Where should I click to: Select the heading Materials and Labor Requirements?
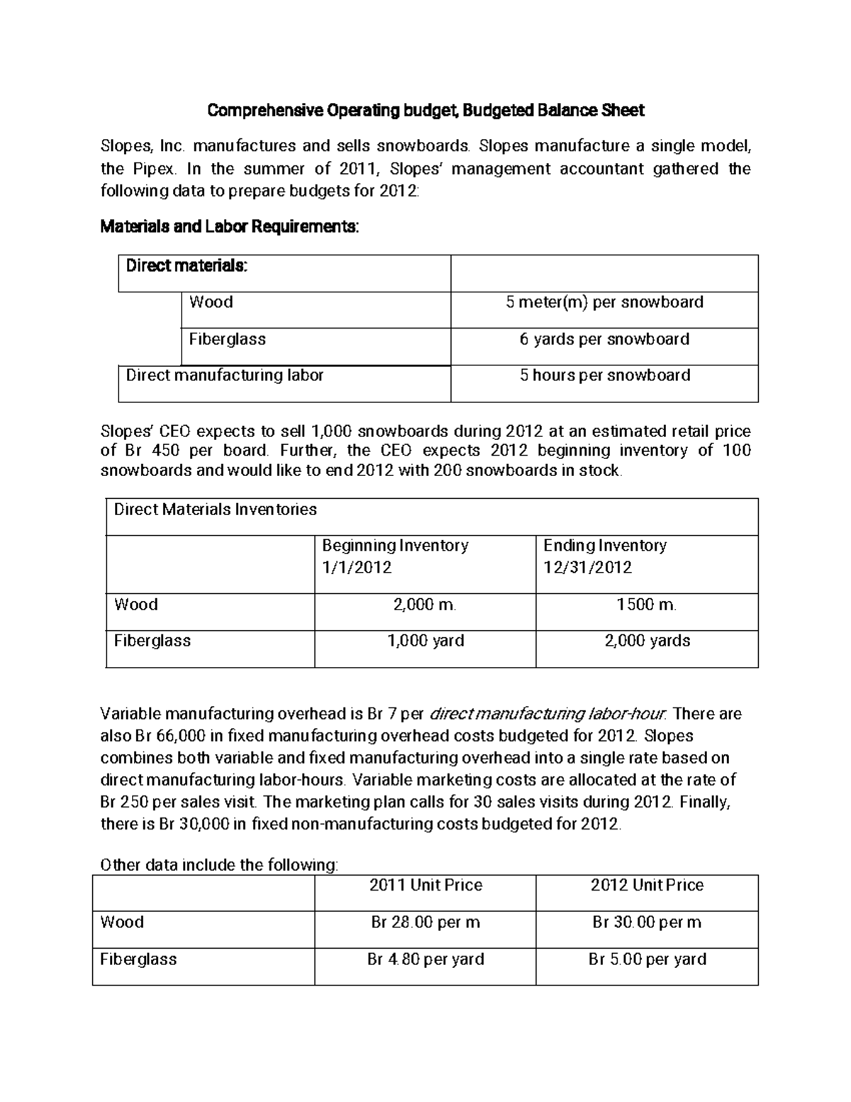tap(230, 227)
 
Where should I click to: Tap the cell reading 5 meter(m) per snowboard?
tap(604, 302)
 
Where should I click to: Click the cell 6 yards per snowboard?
tap(604, 339)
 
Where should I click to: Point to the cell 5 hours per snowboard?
tap(604, 375)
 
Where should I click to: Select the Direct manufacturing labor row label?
tap(225, 375)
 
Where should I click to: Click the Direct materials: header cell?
tap(187, 266)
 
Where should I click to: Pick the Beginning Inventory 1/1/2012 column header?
tap(395, 556)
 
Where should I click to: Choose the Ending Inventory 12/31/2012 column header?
tap(605, 556)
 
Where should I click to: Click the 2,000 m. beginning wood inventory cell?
tap(425, 605)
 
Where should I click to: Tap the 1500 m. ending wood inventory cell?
tap(646, 605)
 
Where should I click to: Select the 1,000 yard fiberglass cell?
tap(425, 641)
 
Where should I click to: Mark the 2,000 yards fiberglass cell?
tap(646, 641)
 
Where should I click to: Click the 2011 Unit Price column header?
tap(425, 886)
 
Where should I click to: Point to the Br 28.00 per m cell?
tap(425, 922)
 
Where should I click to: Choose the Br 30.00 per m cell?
tap(646, 922)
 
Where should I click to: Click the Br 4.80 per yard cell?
tap(425, 959)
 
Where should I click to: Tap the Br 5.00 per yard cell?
tap(646, 959)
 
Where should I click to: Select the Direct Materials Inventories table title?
tap(216, 509)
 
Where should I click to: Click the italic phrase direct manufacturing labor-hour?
tap(549, 714)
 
